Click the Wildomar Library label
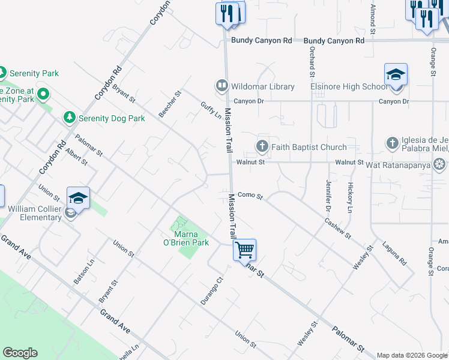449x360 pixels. point(265,86)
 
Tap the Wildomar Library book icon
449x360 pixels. point(222,86)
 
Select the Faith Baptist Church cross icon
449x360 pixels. point(262,146)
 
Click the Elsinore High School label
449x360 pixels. point(349,86)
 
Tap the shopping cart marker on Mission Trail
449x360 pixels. point(244,250)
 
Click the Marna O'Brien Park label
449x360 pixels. point(191,238)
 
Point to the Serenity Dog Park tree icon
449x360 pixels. point(70,118)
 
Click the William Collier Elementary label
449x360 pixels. point(35,213)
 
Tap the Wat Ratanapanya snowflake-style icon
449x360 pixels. point(440,163)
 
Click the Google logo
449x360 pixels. point(20,353)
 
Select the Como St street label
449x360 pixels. point(250,196)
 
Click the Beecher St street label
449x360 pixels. point(169,104)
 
